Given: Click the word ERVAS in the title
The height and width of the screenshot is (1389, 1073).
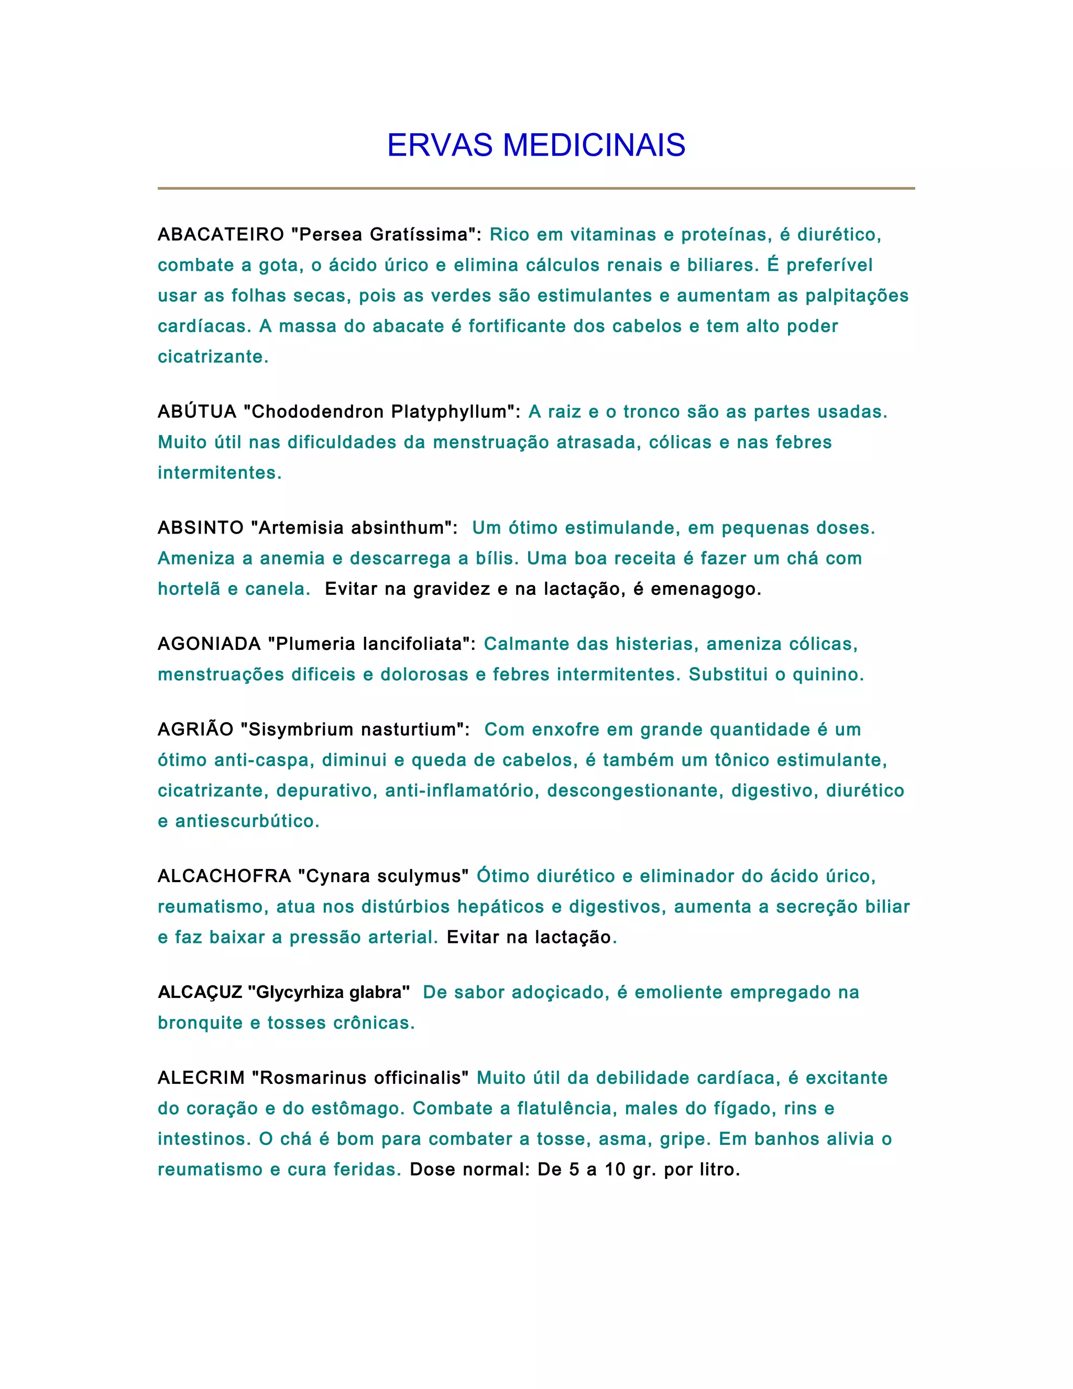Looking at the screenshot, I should pos(439,145).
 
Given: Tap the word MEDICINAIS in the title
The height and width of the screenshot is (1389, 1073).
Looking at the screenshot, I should pos(594,145).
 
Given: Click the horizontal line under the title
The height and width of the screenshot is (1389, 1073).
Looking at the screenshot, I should pos(536,188).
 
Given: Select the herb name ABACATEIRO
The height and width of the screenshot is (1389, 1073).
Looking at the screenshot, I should pos(221,235).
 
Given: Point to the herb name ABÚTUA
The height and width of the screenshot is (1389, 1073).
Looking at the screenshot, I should pos(197,411).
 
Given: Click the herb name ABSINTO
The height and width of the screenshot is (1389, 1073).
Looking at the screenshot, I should pos(201,528).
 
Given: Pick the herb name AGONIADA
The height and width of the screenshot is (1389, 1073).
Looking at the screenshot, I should pos(209,644).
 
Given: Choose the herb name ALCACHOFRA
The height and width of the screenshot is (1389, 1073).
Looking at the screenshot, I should pos(224,876).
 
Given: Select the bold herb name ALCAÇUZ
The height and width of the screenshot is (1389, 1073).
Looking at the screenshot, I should pos(200,993).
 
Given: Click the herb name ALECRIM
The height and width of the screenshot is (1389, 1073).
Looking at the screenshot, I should pos(201,1078).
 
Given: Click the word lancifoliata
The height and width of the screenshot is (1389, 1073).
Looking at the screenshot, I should pos(415,644).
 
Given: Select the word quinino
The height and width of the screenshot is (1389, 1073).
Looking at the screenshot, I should pos(828,674).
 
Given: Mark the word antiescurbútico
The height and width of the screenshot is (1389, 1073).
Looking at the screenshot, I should pos(247,821).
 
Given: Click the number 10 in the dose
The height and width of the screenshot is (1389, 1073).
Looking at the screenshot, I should pos(615,1169).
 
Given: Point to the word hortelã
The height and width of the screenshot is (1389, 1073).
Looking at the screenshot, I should pos(189,589).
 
